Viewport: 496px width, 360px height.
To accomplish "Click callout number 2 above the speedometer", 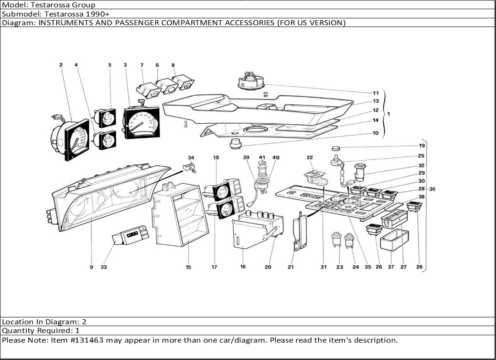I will pyautogui.click(x=61, y=65).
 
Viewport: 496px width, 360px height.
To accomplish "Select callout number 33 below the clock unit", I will pyautogui.click(x=104, y=267).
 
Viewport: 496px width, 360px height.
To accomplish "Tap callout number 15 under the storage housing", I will pyautogui.click(x=188, y=267).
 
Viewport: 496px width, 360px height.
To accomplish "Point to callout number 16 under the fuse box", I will pyautogui.click(x=243, y=267).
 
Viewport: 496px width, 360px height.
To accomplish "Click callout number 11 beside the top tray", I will pyautogui.click(x=376, y=93).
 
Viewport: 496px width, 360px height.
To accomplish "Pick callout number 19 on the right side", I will pyautogui.click(x=421, y=146).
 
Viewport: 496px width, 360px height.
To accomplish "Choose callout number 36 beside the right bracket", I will pyautogui.click(x=432, y=189).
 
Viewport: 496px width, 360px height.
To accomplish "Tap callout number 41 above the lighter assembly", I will pyautogui.click(x=262, y=158).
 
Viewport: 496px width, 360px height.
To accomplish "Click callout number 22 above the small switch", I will pyautogui.click(x=310, y=158).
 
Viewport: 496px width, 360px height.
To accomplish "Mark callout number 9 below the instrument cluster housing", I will pyautogui.click(x=92, y=267).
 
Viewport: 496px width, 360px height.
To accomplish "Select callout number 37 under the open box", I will pyautogui.click(x=391, y=267).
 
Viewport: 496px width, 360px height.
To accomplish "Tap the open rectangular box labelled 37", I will pyautogui.click(x=394, y=240).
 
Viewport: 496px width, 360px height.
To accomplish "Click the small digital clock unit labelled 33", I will pyautogui.click(x=130, y=235).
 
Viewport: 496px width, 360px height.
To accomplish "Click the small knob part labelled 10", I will pyautogui.click(x=236, y=143).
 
